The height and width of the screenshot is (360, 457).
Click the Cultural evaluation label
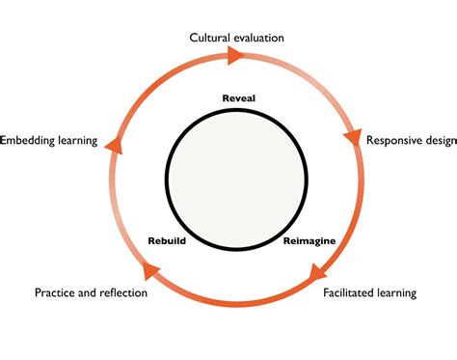click(x=236, y=38)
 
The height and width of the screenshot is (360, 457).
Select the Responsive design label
click(x=411, y=140)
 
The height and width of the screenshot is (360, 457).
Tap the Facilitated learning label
click(x=369, y=291)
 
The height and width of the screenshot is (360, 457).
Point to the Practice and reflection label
click(x=91, y=291)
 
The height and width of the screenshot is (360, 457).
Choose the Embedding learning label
click(x=50, y=140)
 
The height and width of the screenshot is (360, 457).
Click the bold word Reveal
click(x=237, y=98)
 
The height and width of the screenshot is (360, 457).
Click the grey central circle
click(x=237, y=179)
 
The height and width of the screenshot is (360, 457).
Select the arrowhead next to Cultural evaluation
click(x=234, y=57)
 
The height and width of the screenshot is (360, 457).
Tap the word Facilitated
click(x=348, y=291)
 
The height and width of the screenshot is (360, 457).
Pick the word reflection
click(x=122, y=291)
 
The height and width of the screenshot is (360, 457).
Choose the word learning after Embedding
click(x=75, y=140)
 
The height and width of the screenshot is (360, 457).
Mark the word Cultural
click(x=208, y=38)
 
